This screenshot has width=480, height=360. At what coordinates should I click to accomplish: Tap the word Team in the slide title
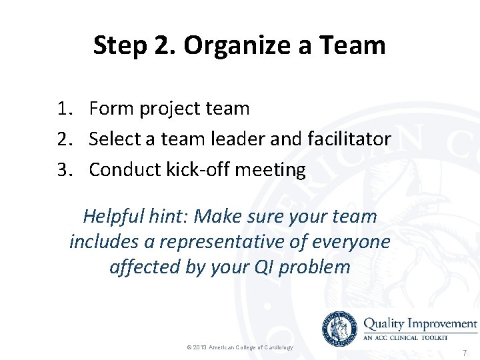pyautogui.click(x=353, y=45)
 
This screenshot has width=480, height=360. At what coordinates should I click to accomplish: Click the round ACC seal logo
pyautogui.click(x=339, y=328)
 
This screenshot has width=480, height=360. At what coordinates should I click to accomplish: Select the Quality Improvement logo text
pyautogui.click(x=420, y=323)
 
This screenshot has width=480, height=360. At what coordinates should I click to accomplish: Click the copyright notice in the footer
pyautogui.click(x=239, y=347)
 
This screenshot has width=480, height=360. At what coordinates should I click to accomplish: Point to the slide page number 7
pyautogui.click(x=465, y=353)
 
